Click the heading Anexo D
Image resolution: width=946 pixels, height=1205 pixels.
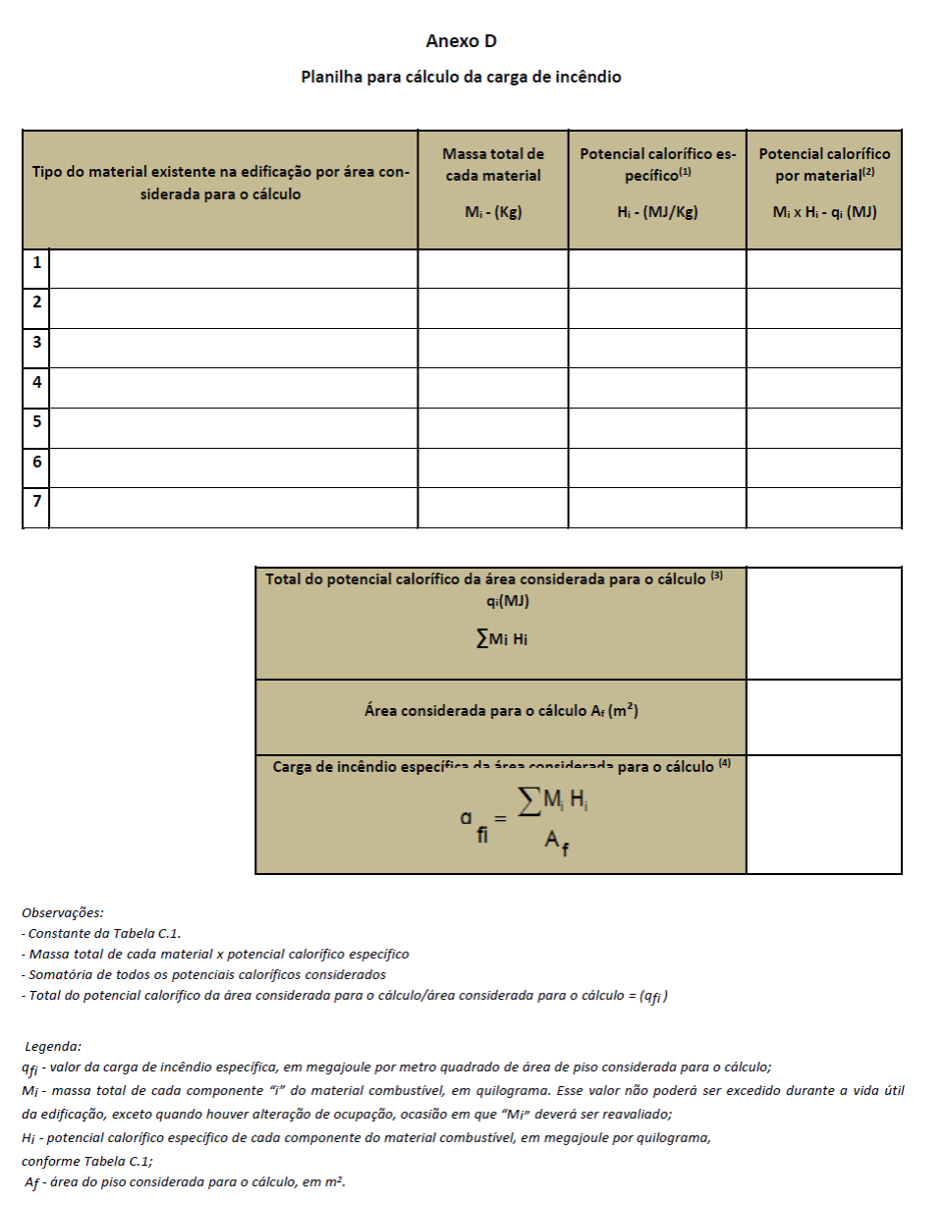(x=461, y=41)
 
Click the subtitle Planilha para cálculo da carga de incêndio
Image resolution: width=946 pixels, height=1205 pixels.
(x=461, y=77)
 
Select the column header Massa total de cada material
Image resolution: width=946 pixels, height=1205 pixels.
(x=492, y=165)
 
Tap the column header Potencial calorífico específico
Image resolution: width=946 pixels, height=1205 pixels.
(x=657, y=164)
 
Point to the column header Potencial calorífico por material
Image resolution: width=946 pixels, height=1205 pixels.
(x=824, y=164)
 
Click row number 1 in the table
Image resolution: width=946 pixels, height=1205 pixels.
(x=36, y=263)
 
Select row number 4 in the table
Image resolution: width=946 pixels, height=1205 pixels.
(x=36, y=382)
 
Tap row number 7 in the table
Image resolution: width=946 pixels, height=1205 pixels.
(x=36, y=502)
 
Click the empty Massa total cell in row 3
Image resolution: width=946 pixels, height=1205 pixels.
(x=492, y=348)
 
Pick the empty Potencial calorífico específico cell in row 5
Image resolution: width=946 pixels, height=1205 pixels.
(x=657, y=427)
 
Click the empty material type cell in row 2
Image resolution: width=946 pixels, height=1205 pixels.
(x=233, y=307)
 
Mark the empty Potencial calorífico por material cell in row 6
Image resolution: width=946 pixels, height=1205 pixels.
(x=824, y=467)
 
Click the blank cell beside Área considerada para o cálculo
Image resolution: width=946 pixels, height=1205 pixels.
(x=824, y=717)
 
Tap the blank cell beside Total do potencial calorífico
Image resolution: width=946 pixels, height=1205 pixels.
(x=824, y=623)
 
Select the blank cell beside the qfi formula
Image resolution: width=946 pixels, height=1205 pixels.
(x=824, y=814)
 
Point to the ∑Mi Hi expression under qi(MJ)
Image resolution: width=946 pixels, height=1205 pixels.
(x=501, y=639)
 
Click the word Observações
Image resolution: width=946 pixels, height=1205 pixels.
(x=62, y=912)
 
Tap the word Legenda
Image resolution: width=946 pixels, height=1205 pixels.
(x=53, y=1047)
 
